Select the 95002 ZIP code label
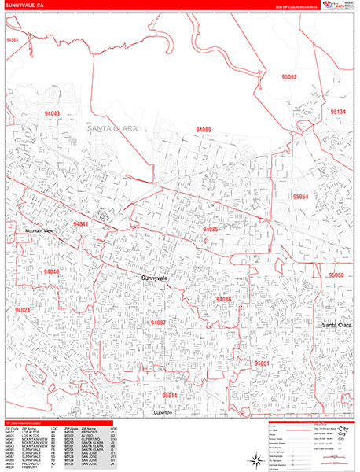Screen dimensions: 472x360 289,77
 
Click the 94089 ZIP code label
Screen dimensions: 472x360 204,130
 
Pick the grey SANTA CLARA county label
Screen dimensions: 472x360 112,127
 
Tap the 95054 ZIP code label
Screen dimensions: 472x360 300,196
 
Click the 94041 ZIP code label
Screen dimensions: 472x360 81,224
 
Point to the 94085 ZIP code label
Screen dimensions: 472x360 210,229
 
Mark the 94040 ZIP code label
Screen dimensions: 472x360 51,271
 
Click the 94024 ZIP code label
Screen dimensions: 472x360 21,310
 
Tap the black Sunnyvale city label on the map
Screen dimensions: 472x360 156,278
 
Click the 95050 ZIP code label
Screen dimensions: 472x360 336,275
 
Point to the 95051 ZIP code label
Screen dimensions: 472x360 263,363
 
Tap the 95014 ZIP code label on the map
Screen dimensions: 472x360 170,395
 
